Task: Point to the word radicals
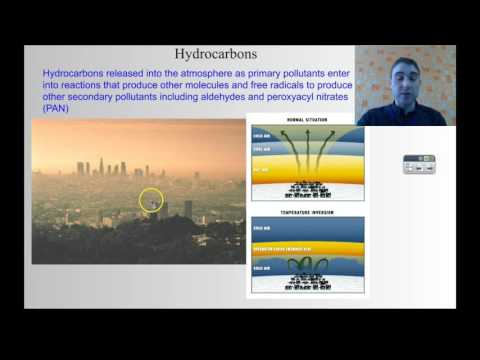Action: [x=282, y=86]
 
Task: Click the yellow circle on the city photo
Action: [x=151, y=200]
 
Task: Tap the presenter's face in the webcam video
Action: [x=396, y=75]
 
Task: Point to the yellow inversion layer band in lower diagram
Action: [x=307, y=246]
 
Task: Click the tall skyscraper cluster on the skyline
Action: [x=101, y=167]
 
